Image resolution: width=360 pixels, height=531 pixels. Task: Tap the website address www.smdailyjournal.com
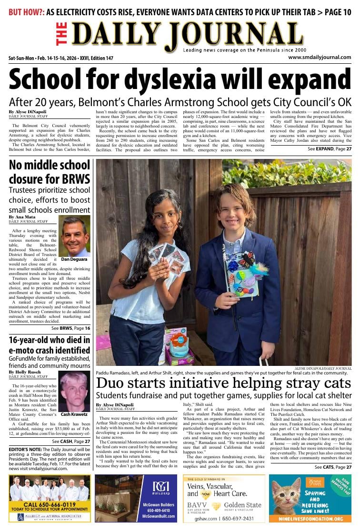(x=320, y=57)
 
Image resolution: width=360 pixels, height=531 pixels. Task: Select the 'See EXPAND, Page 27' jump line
(x=329, y=149)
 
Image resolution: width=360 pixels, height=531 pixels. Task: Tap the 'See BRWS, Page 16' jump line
(x=71, y=328)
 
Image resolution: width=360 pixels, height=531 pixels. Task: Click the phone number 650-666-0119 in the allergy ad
(x=50, y=504)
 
